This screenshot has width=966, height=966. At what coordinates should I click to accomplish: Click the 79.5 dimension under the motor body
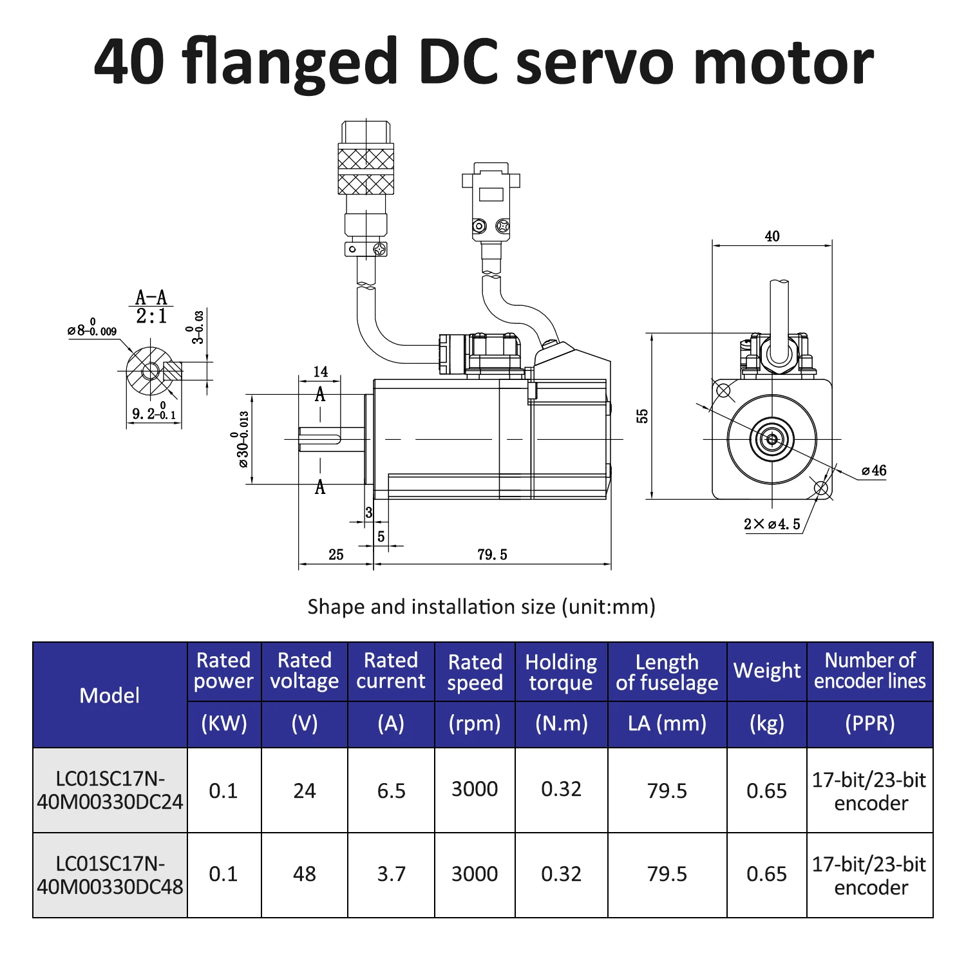click(x=492, y=554)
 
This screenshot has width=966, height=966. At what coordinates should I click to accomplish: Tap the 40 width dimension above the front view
click(x=772, y=236)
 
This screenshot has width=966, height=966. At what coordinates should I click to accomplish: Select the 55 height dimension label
click(x=642, y=416)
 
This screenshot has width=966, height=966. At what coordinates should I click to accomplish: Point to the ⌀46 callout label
click(x=874, y=471)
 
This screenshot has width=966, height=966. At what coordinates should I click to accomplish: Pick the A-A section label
click(x=151, y=298)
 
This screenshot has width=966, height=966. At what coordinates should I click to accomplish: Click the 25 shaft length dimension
click(x=336, y=554)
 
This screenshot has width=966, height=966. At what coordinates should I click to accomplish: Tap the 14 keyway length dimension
click(x=320, y=372)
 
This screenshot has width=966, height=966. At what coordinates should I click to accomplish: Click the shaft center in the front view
click(x=772, y=439)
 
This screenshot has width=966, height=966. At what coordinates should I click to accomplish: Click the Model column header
click(x=109, y=695)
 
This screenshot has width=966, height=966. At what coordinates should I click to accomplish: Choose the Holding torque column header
click(x=561, y=672)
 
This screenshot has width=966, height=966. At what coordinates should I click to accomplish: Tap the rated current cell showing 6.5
click(x=391, y=790)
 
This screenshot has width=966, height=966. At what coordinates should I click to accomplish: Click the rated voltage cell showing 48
click(x=304, y=874)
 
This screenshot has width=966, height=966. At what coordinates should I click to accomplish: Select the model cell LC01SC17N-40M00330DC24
click(x=109, y=790)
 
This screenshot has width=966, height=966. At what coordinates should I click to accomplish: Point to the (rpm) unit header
click(x=475, y=723)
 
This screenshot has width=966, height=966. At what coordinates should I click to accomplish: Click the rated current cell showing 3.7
click(x=391, y=874)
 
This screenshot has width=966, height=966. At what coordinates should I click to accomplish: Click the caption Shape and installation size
click(x=481, y=607)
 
